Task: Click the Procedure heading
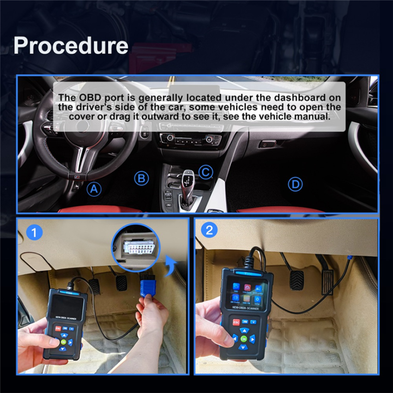tap(71, 46)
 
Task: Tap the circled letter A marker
tap(95, 189)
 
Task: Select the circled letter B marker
tap(141, 178)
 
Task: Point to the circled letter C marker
tap(205, 172)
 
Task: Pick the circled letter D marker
tap(295, 184)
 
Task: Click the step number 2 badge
tap(209, 230)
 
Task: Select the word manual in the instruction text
tap(313, 117)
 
